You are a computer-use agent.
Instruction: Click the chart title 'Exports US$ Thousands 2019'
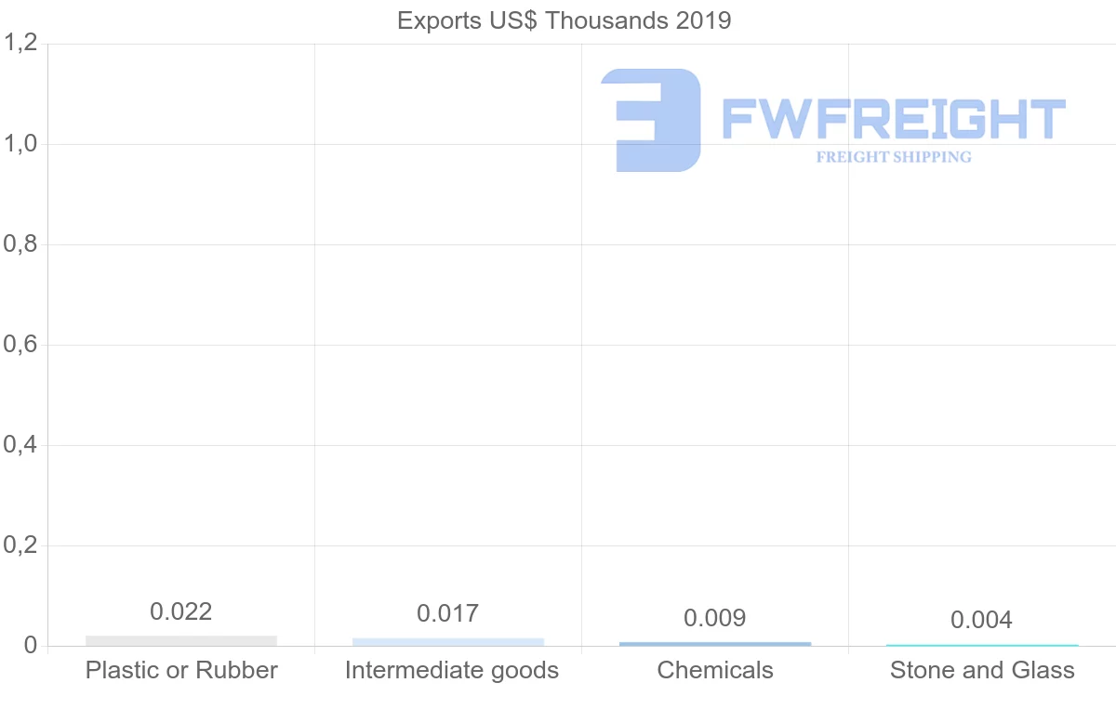pyautogui.click(x=564, y=20)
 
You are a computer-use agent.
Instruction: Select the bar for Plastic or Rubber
pyautogui.click(x=181, y=640)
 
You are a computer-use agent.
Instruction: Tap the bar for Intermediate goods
pyautogui.click(x=448, y=641)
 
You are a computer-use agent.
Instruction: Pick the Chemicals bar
pyautogui.click(x=715, y=643)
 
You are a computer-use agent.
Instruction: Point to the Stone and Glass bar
pyautogui.click(x=982, y=645)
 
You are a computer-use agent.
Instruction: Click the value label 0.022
pyautogui.click(x=181, y=611)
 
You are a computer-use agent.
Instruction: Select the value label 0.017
pyautogui.click(x=448, y=613)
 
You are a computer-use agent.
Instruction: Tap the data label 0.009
pyautogui.click(x=715, y=618)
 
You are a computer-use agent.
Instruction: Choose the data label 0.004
pyautogui.click(x=982, y=620)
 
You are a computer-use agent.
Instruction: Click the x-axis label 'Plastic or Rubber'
pyautogui.click(x=181, y=670)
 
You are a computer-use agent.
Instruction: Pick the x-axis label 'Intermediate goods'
pyautogui.click(x=452, y=670)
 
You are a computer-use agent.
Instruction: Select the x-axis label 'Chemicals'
pyautogui.click(x=715, y=670)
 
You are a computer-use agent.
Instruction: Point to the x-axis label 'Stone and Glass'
pyautogui.click(x=982, y=670)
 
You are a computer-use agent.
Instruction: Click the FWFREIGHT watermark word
pyautogui.click(x=894, y=120)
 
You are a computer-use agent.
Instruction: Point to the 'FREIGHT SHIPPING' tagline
pyautogui.click(x=894, y=157)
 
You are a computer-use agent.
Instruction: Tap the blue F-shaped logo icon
pyautogui.click(x=652, y=120)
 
